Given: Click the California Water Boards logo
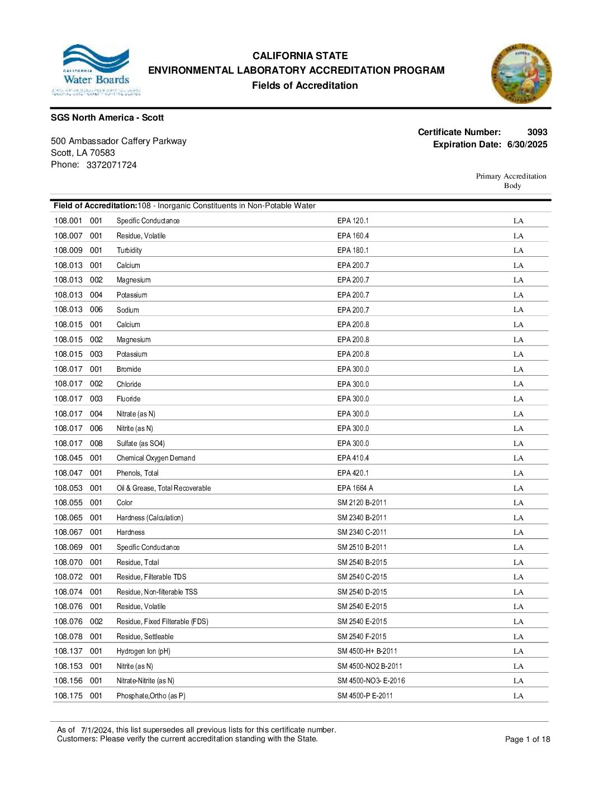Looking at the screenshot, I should (x=96, y=70).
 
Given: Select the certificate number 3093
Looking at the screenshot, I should (x=537, y=132).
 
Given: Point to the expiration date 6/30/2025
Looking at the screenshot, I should (x=527, y=145).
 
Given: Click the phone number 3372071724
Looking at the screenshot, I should (x=111, y=165).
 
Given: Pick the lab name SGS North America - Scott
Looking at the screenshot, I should (x=107, y=118).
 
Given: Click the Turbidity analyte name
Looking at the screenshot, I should (x=129, y=251).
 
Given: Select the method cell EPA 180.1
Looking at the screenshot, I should (x=353, y=251).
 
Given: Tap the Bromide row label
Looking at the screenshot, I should (x=129, y=370).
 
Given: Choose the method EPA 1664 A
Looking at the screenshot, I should (x=355, y=488).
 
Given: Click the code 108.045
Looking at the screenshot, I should (x=68, y=458).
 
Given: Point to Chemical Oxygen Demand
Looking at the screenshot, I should (x=156, y=458).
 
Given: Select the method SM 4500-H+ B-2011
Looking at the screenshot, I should (x=367, y=651).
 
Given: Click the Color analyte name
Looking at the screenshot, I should (x=125, y=503).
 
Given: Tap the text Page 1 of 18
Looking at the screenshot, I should (x=527, y=740).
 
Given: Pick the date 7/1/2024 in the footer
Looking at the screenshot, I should (x=97, y=730).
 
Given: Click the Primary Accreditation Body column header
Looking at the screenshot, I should (x=511, y=181).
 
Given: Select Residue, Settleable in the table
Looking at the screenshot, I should (x=145, y=637).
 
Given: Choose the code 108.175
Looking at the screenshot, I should (x=68, y=696).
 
